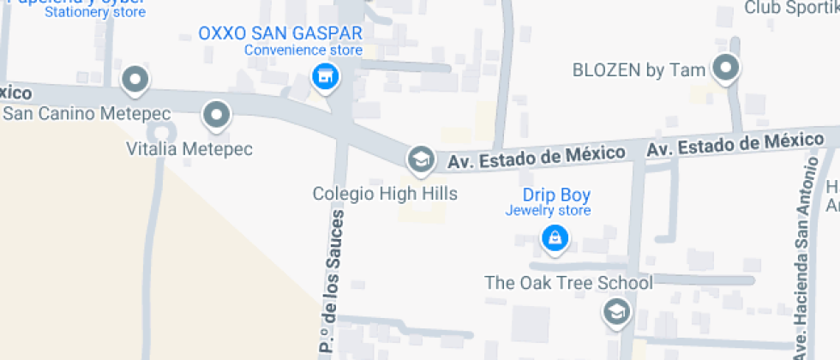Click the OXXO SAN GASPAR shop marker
[x=325, y=77]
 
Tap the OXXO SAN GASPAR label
[x=280, y=33]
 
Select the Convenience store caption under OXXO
[x=303, y=50]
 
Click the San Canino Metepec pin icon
[x=135, y=81]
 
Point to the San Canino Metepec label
[x=86, y=113]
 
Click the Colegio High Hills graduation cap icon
[x=419, y=158]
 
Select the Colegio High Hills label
[x=385, y=194]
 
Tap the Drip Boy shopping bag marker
[x=555, y=238]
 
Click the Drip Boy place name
[x=556, y=195]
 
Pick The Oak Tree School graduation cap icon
[x=615, y=313]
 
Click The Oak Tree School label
[x=568, y=282]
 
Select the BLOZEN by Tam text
[x=639, y=70]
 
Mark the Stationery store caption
[x=95, y=13]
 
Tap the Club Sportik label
[x=790, y=9]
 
